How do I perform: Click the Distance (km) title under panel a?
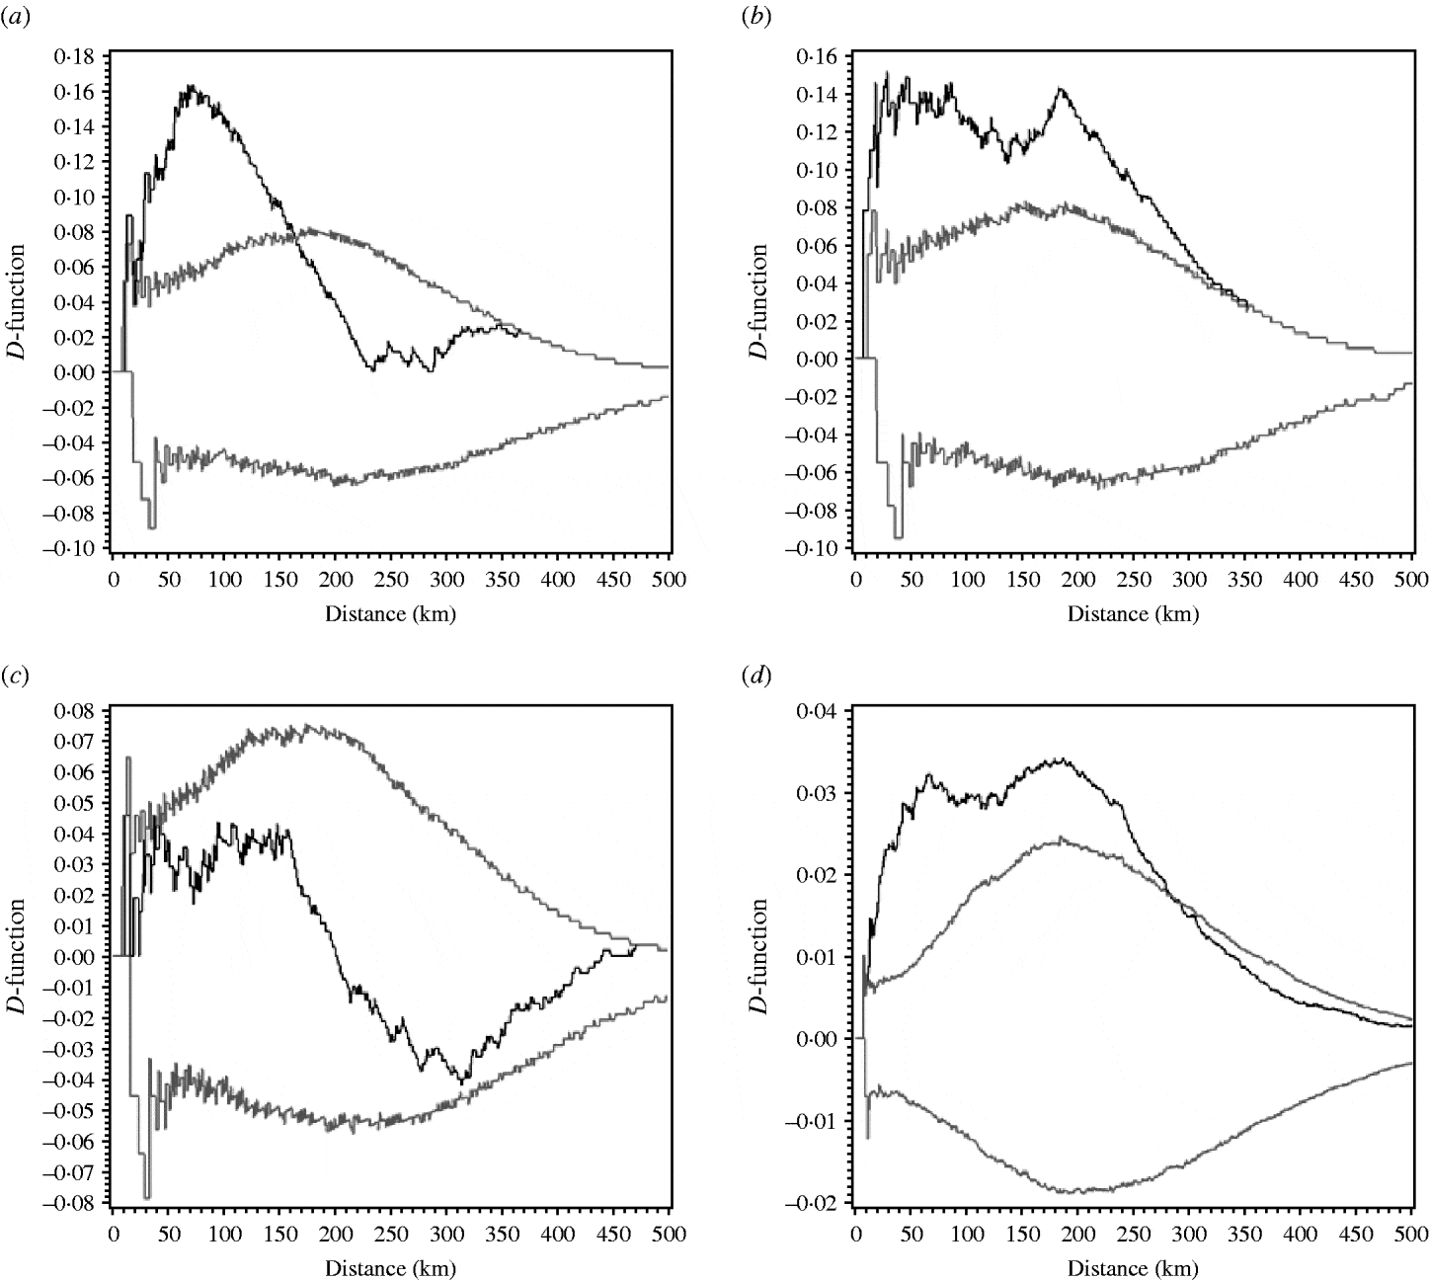click(390, 613)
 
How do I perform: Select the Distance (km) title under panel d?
click(1133, 1267)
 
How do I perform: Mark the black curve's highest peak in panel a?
click(192, 87)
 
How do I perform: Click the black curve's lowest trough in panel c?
click(460, 1082)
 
